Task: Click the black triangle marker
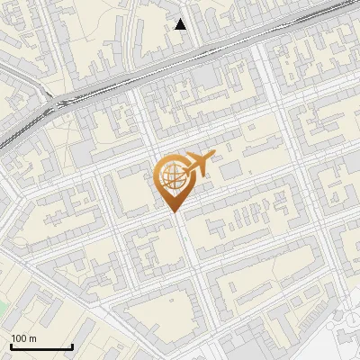click(x=181, y=24)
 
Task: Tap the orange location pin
click(x=174, y=181)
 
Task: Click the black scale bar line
click(x=41, y=347)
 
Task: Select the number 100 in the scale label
click(x=19, y=339)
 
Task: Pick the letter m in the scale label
click(x=32, y=339)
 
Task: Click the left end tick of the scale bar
click(x=11, y=346)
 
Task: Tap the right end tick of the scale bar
click(x=72, y=346)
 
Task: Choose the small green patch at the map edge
click(x=3, y=309)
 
